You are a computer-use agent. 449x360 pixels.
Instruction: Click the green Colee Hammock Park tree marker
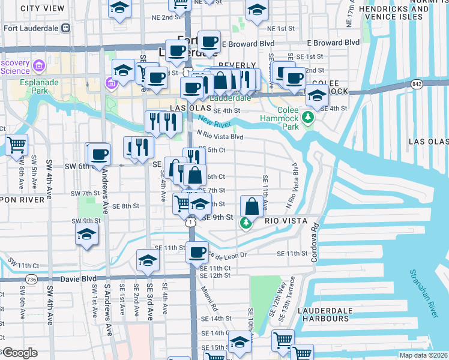pyautogui.click(x=309, y=116)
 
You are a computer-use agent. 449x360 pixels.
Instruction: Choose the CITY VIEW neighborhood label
pyautogui.click(x=42, y=8)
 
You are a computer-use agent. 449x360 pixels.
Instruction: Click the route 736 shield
pyautogui.click(x=31, y=279)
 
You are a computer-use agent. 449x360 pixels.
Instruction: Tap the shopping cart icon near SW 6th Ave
pyautogui.click(x=17, y=145)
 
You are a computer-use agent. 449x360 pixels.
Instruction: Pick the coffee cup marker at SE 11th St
pyautogui.click(x=196, y=252)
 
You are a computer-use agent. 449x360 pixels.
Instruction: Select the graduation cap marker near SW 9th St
pyautogui.click(x=86, y=234)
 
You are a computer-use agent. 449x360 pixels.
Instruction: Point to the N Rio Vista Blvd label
pyautogui.click(x=219, y=137)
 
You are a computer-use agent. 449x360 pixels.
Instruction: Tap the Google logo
pyautogui.click(x=20, y=353)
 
